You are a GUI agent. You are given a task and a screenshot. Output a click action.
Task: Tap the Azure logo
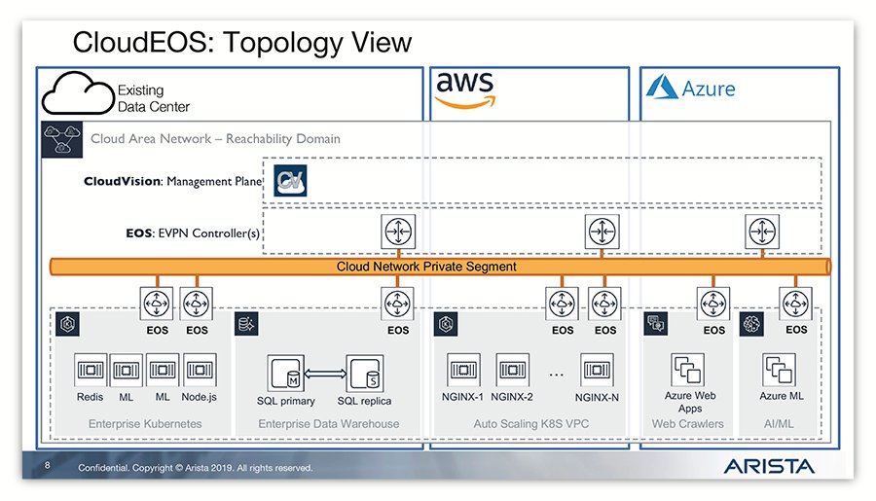click(x=691, y=89)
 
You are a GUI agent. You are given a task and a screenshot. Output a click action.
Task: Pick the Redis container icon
click(x=91, y=371)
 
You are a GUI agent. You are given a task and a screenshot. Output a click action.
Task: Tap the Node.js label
click(x=199, y=397)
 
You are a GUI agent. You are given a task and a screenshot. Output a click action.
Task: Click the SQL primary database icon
click(x=284, y=371)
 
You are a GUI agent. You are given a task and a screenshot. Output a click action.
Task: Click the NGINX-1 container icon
click(x=464, y=371)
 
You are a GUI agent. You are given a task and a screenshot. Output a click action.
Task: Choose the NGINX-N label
click(x=597, y=397)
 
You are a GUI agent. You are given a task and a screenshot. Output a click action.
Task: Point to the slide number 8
click(x=47, y=467)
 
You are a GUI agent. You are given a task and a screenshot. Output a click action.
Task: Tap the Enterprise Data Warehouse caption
click(x=328, y=424)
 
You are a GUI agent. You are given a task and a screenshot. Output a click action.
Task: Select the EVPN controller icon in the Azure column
click(x=760, y=233)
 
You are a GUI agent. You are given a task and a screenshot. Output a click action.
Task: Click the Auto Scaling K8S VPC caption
click(x=531, y=424)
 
